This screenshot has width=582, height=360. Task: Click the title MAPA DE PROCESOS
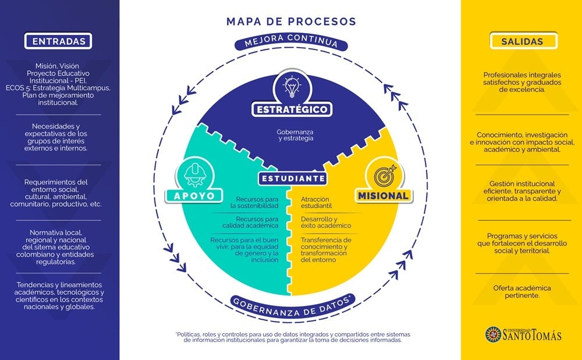tap(290, 22)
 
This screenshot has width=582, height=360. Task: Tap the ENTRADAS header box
tap(59, 41)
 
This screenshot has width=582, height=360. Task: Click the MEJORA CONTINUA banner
tap(291, 43)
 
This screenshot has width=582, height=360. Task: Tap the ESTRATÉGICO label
tap(292, 109)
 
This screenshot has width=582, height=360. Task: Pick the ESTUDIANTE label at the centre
tap(293, 179)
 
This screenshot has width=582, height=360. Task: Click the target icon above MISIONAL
tap(383, 173)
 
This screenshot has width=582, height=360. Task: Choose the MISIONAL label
tap(383, 195)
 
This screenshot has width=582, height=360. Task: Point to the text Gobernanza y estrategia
tap(295, 135)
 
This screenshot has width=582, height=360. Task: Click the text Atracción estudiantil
tap(316, 202)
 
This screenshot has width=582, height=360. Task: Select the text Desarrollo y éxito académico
tap(326, 222)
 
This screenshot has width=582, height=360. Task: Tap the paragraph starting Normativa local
tap(59, 247)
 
